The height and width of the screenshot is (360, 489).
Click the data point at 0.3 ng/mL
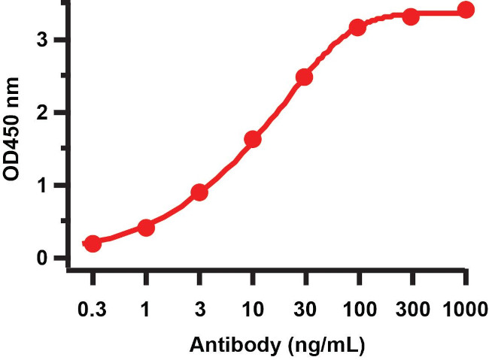93,244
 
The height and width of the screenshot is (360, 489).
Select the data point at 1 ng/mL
146,227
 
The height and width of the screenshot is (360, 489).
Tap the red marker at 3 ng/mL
199,192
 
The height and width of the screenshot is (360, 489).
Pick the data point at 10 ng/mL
253,139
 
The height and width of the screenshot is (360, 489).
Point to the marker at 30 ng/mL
305,77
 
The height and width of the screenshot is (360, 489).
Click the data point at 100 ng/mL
358,27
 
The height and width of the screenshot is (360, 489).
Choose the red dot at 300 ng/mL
411,16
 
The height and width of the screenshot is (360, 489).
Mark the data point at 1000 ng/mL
466,10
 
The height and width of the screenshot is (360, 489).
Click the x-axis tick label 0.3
93,309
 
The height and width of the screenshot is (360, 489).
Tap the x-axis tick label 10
253,309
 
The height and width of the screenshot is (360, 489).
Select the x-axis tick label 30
305,309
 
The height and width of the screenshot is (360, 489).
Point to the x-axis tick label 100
358,309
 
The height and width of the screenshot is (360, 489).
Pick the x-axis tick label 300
411,309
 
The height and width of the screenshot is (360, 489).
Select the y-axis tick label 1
46,186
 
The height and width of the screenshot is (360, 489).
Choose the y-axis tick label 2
46,113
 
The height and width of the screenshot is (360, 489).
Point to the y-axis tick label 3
46,40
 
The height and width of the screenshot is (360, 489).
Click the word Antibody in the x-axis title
235,346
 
